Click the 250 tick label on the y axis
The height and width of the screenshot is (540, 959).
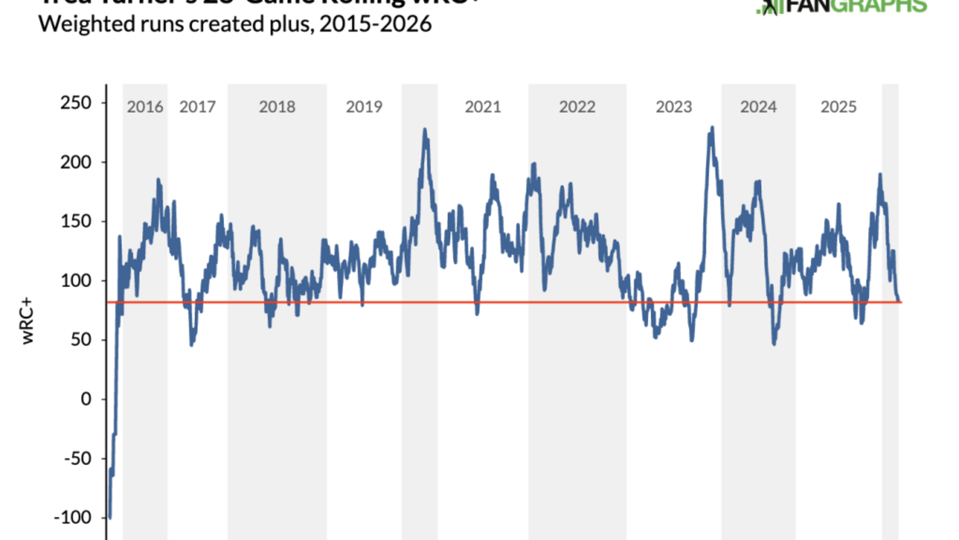(x=76, y=103)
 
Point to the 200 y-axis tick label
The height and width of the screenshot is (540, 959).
(x=76, y=162)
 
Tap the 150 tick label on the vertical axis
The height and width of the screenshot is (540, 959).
(x=76, y=221)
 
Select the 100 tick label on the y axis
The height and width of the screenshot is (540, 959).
(x=76, y=281)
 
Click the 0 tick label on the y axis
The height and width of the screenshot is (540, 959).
(x=86, y=399)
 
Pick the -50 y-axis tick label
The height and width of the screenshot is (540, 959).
(x=77, y=458)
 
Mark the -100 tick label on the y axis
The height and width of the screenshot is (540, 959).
(x=73, y=517)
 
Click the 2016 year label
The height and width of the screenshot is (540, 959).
(x=145, y=107)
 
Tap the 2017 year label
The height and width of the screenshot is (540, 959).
(x=197, y=107)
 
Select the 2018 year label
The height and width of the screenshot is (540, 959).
(x=277, y=107)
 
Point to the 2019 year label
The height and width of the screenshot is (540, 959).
(x=364, y=107)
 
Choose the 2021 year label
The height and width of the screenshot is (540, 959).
(x=482, y=107)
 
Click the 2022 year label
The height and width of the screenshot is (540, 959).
(x=577, y=107)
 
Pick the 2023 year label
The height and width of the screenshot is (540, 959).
(x=674, y=107)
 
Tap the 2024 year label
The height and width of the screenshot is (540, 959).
(x=758, y=107)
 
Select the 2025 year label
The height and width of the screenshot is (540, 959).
(x=839, y=107)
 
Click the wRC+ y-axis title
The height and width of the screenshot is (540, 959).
(x=28, y=321)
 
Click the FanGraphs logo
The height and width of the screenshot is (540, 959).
(x=842, y=6)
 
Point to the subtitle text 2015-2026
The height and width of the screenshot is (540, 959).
(x=375, y=24)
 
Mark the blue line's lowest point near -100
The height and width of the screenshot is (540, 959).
(x=110, y=517)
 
